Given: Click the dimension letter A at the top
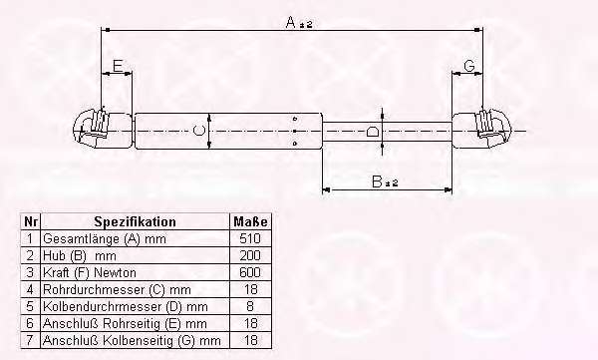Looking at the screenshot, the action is [x=291, y=23].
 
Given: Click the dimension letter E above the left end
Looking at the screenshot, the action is [x=118, y=66].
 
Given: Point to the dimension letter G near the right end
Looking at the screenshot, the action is [x=469, y=66].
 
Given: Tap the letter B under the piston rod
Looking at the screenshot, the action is [x=377, y=181].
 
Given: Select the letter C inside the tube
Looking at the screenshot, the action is [x=198, y=131].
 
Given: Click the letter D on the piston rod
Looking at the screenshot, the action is [x=372, y=132].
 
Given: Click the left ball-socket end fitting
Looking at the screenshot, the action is [x=103, y=129].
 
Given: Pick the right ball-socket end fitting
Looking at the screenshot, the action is [x=482, y=129].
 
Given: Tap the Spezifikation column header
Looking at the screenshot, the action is [x=135, y=221].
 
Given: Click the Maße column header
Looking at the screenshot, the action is [x=250, y=221].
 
